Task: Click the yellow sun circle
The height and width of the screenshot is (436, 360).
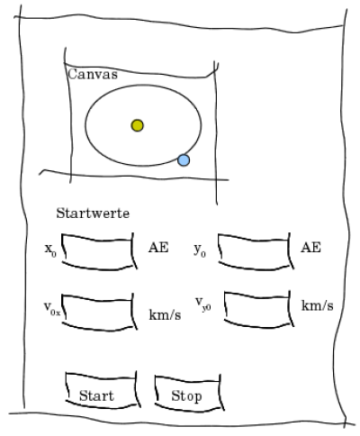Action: pyautogui.click(x=137, y=125)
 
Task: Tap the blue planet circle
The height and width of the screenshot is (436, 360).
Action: pyautogui.click(x=184, y=160)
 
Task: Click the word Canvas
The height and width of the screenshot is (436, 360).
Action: pyautogui.click(x=93, y=74)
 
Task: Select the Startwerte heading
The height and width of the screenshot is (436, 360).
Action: pyautogui.click(x=93, y=213)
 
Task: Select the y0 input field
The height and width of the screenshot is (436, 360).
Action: pyautogui.click(x=256, y=251)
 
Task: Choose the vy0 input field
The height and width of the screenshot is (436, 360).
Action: pyautogui.click(x=258, y=309)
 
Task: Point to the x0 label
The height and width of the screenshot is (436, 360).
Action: pyautogui.click(x=50, y=250)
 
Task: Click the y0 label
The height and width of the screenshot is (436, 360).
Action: pyautogui.click(x=200, y=250)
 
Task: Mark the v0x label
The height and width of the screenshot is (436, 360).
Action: pyautogui.click(x=52, y=308)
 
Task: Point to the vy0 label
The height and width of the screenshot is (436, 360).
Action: pyautogui.click(x=203, y=304)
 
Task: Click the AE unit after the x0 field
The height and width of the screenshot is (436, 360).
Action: pyautogui.click(x=158, y=248)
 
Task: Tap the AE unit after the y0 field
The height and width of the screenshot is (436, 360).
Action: pyautogui.click(x=310, y=248)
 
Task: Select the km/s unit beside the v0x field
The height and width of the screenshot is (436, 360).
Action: pyautogui.click(x=165, y=315)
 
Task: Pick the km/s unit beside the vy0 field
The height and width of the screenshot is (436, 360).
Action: pyautogui.click(x=318, y=305)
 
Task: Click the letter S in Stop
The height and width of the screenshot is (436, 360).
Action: pyautogui.click(x=175, y=395)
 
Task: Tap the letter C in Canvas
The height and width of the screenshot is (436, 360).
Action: pyautogui.click(x=72, y=74)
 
